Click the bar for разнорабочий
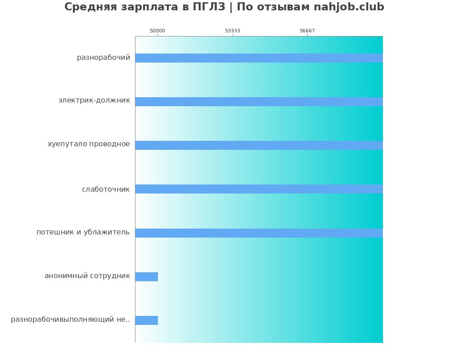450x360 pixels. (259, 58)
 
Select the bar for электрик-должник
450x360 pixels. (259, 102)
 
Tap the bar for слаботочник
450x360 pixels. (259, 189)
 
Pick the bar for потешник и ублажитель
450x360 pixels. (259, 233)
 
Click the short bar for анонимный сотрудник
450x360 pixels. (147, 277)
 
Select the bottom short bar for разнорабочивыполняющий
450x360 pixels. (147, 320)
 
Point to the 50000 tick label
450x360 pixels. (157, 31)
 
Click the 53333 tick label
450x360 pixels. (233, 31)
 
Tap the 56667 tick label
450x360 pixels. (307, 31)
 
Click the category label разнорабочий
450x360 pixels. (103, 58)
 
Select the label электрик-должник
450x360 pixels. (94, 100)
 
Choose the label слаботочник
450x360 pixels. (106, 189)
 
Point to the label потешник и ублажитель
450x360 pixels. (83, 232)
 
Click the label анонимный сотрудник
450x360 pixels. (87, 276)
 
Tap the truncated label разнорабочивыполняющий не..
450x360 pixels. (71, 319)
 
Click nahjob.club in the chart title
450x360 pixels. (349, 7)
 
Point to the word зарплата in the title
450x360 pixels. (147, 7)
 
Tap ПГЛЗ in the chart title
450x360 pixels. (209, 7)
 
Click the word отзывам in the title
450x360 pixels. (284, 7)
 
